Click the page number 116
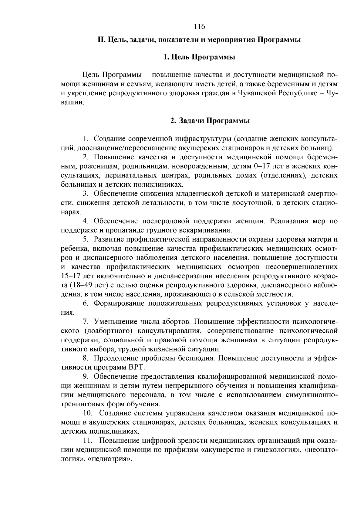point(199,26)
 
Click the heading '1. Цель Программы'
point(199,57)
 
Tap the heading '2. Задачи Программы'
point(210,120)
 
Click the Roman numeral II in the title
point(101,40)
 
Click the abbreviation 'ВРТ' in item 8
point(137,368)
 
